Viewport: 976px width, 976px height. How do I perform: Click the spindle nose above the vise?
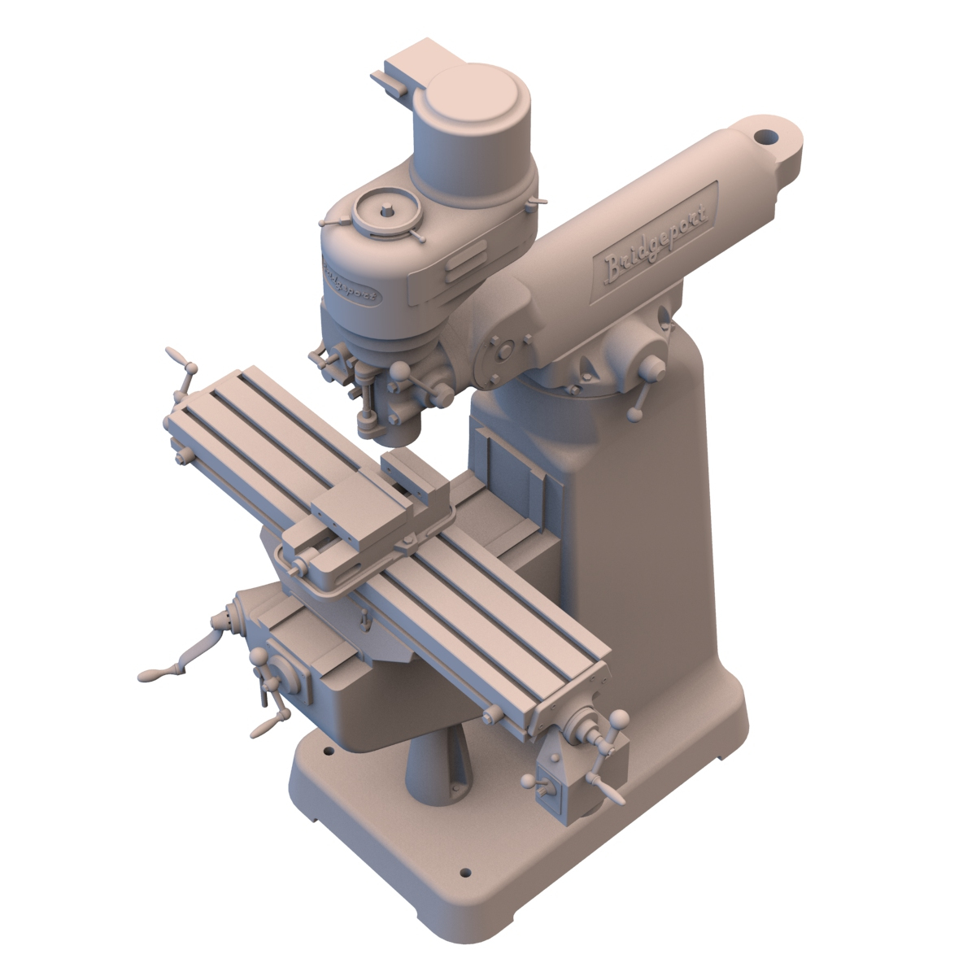[400, 430]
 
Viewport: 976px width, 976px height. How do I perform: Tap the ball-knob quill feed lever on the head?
[400, 372]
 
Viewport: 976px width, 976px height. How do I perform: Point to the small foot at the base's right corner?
[721, 759]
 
